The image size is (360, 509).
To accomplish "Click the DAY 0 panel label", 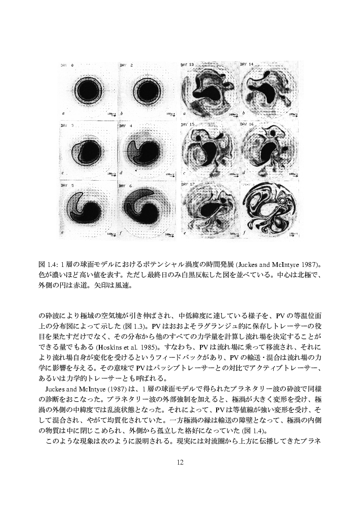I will click(67, 65).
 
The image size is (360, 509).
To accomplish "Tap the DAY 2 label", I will click(126, 65).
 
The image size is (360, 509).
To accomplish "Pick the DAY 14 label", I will click(247, 64).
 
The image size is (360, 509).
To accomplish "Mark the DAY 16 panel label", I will click(247, 125).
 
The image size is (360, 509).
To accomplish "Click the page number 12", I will click(180, 462).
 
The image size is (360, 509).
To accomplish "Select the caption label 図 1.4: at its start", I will click(45, 264).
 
